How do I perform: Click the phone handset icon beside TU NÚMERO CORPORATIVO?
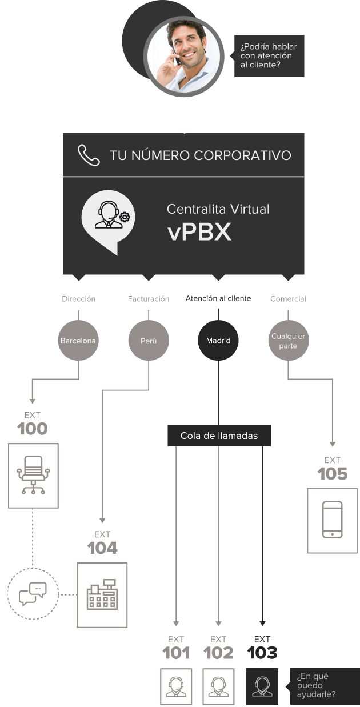(x=89, y=155)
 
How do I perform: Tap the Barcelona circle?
(x=78, y=341)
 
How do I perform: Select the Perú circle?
(x=149, y=341)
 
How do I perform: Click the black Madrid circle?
(x=218, y=341)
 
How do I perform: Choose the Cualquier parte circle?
(x=288, y=341)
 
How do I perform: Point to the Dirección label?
(x=78, y=299)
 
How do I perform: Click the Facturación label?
(x=149, y=299)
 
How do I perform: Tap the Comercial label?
(x=288, y=299)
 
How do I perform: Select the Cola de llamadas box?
(x=219, y=436)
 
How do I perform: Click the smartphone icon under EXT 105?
(x=332, y=520)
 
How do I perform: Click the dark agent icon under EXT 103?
(x=262, y=686)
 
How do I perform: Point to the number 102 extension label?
(x=218, y=653)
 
